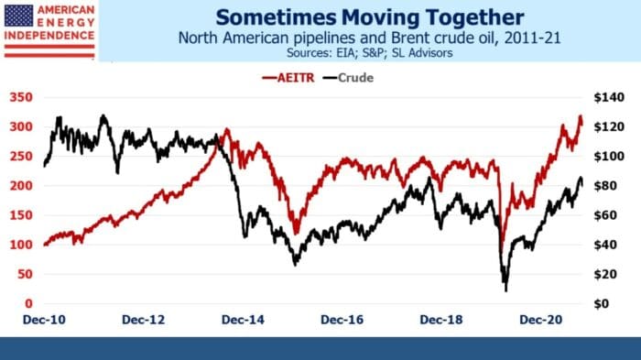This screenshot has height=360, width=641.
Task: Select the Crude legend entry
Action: coord(355,77)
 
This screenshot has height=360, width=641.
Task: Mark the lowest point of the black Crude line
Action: coord(506,290)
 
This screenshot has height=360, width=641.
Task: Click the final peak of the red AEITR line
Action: coord(580,117)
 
